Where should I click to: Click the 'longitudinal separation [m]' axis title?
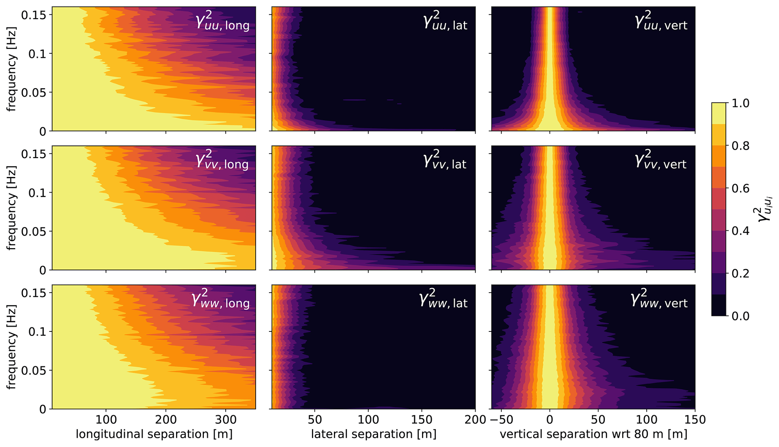click(x=154, y=434)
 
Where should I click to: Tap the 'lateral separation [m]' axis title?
click(x=373, y=434)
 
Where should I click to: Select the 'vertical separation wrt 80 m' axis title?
click(x=594, y=434)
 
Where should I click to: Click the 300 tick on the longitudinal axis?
click(x=226, y=420)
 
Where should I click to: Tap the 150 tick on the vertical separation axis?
click(x=695, y=420)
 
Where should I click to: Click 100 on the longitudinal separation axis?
click(x=106, y=420)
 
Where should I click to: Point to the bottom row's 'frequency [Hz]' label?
click(x=12, y=348)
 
